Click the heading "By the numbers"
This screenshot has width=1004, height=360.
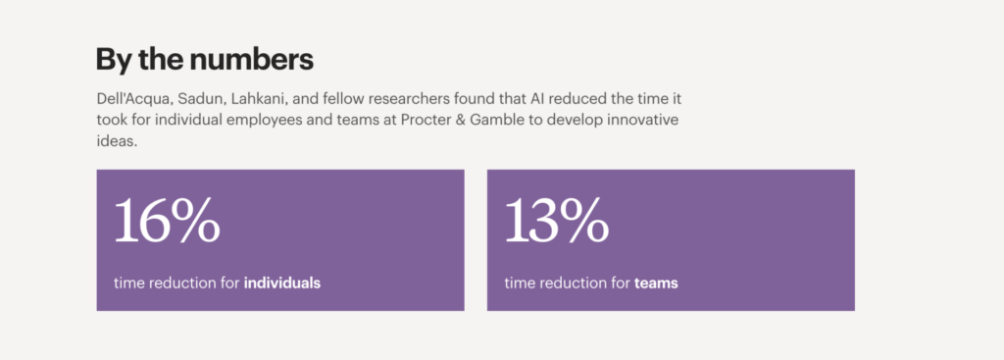click(204, 59)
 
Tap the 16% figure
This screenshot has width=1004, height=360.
click(167, 222)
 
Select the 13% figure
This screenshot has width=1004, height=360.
click(557, 222)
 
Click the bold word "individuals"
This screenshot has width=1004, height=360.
click(282, 283)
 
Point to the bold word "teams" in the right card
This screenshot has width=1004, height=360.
click(656, 283)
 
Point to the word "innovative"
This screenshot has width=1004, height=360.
click(645, 121)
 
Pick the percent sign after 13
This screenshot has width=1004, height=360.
click(586, 222)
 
